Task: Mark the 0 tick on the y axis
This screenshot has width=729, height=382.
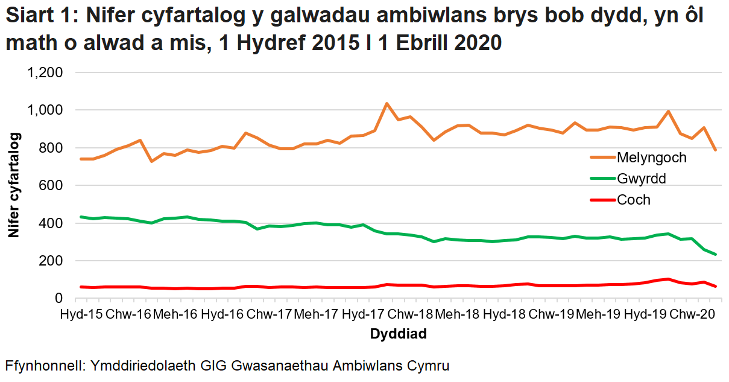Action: tap(58, 299)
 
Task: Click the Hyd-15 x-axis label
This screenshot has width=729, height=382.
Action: tap(81, 314)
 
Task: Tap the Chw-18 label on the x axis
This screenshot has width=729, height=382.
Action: tap(409, 314)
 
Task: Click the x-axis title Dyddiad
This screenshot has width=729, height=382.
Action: tap(399, 334)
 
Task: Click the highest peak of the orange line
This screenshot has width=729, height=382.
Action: tap(387, 104)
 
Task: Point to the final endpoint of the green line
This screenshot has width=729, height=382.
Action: tap(715, 255)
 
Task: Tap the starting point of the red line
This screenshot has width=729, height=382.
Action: tap(81, 287)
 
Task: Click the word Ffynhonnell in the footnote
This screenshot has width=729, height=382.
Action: tap(43, 366)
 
